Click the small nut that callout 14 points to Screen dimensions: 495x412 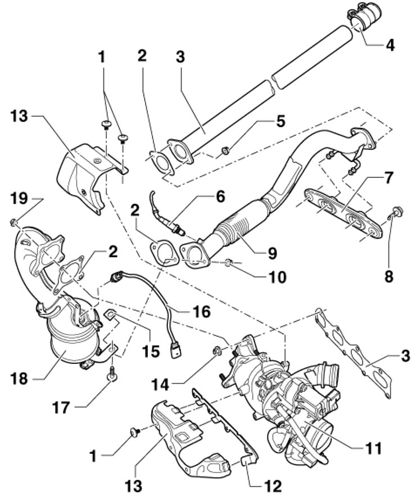[x=216, y=352]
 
